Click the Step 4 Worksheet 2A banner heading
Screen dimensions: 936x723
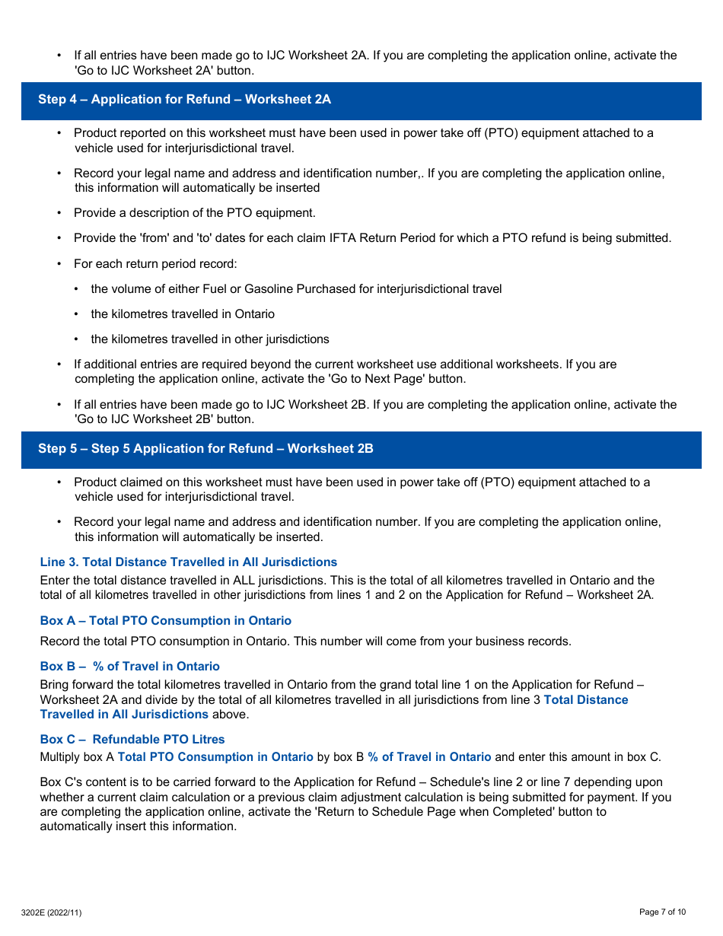tap(184, 100)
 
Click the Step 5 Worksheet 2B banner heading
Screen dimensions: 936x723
tap(205, 449)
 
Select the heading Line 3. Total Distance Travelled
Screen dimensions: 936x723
tap(188, 562)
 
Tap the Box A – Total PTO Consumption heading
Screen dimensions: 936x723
tap(165, 621)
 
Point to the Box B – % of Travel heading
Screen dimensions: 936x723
tap(129, 667)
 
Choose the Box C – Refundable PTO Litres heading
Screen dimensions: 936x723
tap(132, 740)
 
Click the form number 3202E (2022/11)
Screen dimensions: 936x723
tap(51, 912)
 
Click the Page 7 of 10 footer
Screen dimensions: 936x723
tap(662, 912)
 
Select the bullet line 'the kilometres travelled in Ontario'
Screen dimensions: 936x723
tap(183, 314)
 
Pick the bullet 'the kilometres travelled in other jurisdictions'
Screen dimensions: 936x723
tap(210, 339)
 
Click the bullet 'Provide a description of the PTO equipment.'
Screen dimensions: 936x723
tap(194, 213)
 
